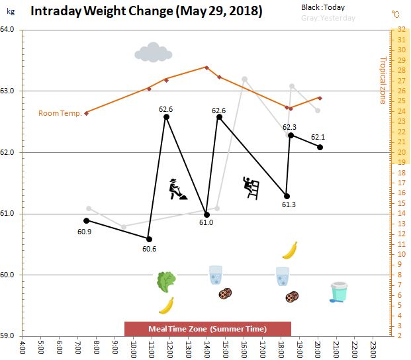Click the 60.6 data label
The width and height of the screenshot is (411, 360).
(149, 249)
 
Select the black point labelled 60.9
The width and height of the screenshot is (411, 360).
(87, 220)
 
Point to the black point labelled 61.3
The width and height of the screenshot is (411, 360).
(287, 196)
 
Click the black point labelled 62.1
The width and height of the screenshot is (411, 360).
(320, 147)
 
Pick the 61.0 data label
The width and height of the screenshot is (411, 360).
(206, 223)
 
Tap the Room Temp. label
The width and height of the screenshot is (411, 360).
(60, 113)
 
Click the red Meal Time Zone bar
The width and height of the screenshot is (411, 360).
(208, 329)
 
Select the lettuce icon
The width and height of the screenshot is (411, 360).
(165, 282)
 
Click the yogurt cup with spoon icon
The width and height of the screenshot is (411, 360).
(338, 292)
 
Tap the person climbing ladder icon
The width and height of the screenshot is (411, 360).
(250, 187)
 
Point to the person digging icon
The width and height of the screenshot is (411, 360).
(177, 189)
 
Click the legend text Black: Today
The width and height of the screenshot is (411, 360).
(323, 7)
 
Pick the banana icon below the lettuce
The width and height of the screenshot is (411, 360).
(166, 305)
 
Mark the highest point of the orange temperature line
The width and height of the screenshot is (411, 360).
(206, 67)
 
